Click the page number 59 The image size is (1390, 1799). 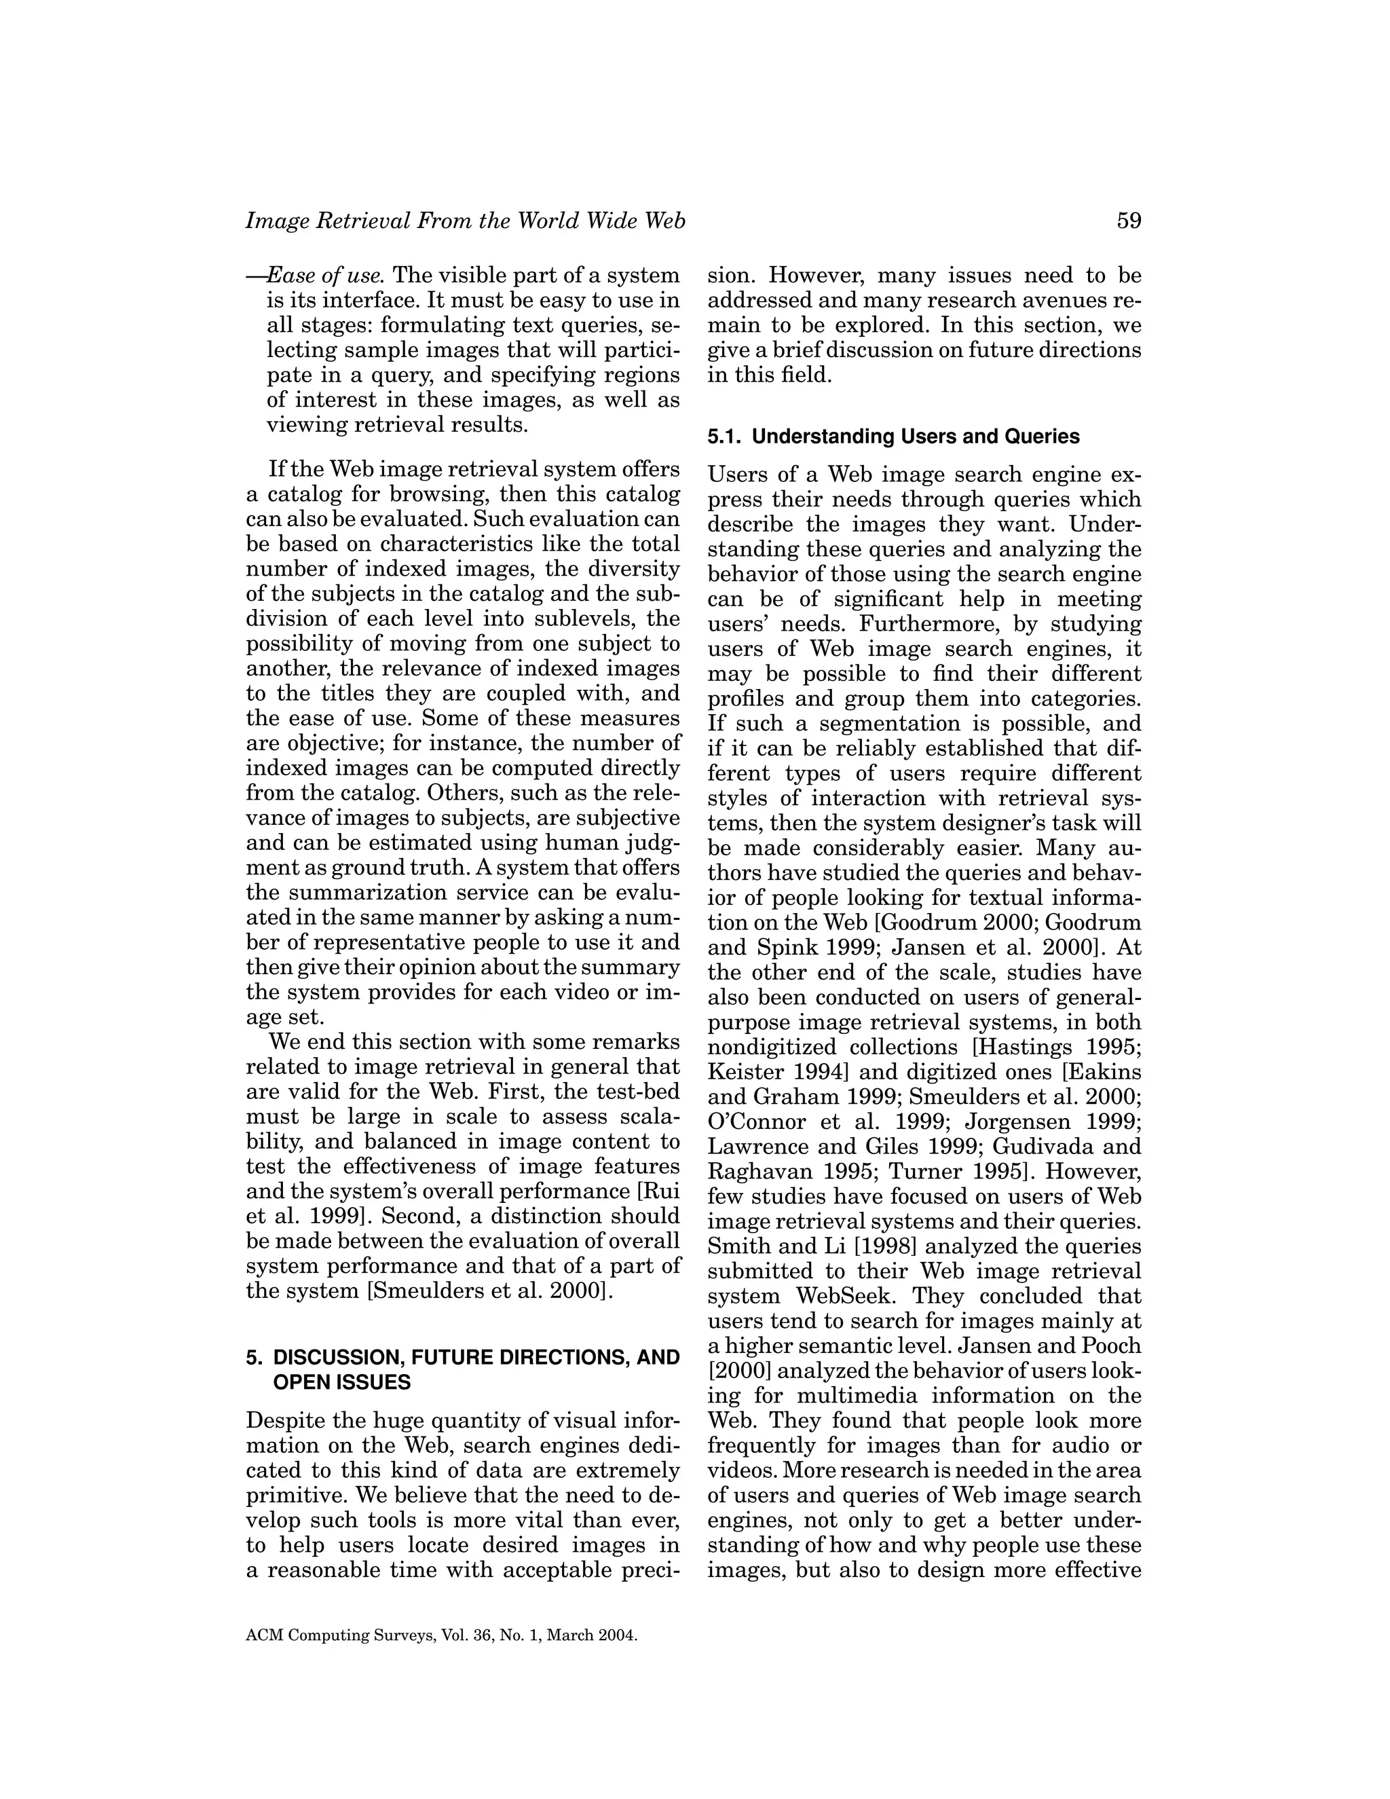pos(1129,221)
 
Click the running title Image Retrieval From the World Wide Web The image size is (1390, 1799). pos(465,221)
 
